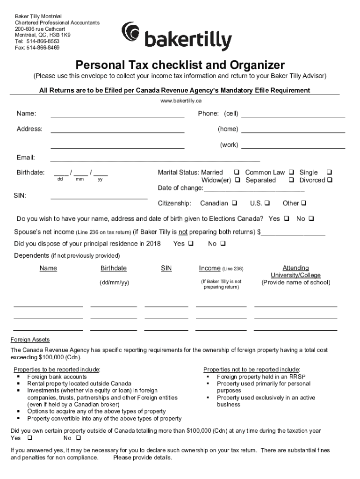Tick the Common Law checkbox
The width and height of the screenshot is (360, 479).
(x=291, y=173)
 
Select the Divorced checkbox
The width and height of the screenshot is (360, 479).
(x=330, y=181)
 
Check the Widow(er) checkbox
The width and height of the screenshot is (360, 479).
(x=238, y=181)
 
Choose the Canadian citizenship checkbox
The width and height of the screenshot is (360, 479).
(x=234, y=203)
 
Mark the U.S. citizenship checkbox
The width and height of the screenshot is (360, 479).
(x=267, y=203)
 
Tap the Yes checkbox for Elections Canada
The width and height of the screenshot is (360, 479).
(x=286, y=219)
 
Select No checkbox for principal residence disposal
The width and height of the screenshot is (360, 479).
(x=223, y=244)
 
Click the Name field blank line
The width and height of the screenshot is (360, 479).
(x=117, y=116)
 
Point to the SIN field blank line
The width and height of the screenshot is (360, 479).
(x=99, y=198)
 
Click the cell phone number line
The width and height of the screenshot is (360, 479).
(x=293, y=116)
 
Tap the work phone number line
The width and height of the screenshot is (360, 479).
(x=293, y=147)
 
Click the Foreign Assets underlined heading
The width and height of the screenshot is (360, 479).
(x=30, y=340)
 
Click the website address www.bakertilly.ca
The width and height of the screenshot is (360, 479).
(x=180, y=101)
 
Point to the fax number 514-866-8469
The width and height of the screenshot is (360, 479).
(x=43, y=47)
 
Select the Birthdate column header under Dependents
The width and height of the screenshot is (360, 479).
(x=114, y=269)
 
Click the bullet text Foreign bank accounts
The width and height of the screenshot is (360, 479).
(x=57, y=377)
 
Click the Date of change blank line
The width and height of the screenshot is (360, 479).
(x=254, y=191)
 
